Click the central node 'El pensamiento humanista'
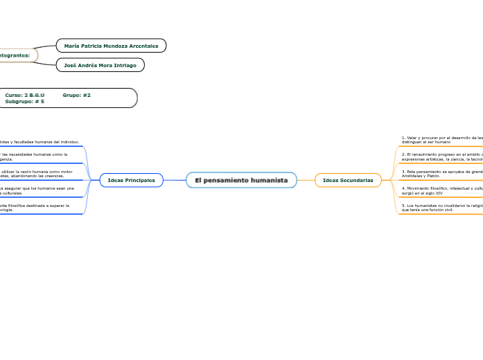point(241,180)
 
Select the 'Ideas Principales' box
point(132,180)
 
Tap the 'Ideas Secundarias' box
point(348,180)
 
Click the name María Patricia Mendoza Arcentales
point(111,46)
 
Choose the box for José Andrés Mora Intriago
point(100,65)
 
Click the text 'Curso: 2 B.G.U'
point(25,95)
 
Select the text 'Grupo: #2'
point(76,95)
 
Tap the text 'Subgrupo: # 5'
point(25,101)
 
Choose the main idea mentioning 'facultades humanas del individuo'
point(39,142)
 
